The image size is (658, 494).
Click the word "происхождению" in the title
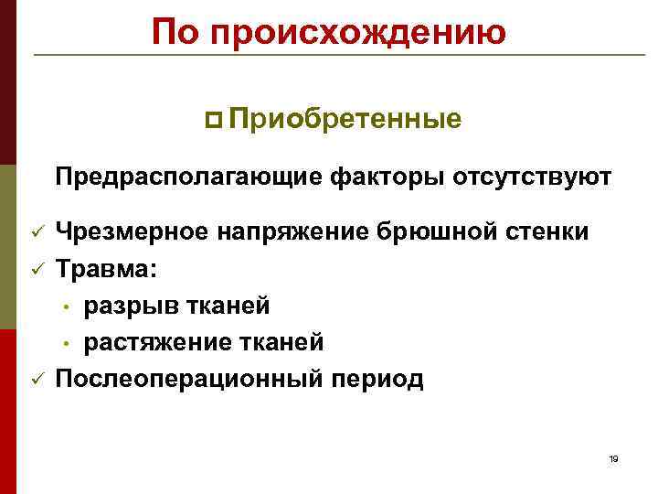tap(357, 33)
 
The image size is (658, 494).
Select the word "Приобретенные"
tap(345, 120)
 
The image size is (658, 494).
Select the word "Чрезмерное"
tap(133, 232)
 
